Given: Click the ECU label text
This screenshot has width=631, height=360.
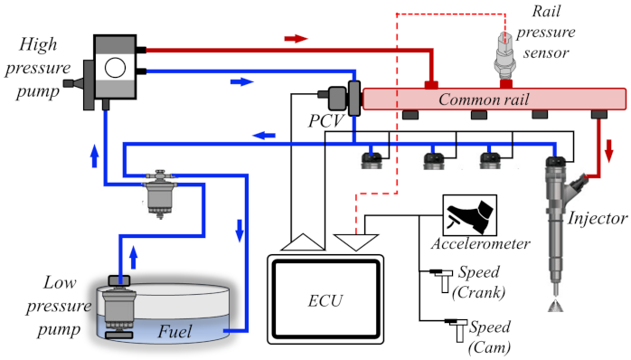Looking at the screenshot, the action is point(325,301).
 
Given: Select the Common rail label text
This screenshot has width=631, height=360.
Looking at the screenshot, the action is point(484,99).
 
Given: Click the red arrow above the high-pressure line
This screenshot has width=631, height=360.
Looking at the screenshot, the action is point(297,39).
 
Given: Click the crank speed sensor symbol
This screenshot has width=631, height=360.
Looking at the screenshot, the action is point(442,279).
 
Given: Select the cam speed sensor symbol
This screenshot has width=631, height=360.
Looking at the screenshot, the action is point(457,329).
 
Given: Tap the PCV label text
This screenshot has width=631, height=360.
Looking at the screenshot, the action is point(326,121).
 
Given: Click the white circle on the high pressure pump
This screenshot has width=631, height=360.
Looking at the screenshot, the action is point(115,68).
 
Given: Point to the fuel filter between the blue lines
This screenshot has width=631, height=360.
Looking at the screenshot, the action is point(160,194).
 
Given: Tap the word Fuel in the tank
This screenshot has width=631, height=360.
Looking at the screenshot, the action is point(174,331).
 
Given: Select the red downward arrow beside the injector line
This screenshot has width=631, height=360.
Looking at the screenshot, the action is point(609,151).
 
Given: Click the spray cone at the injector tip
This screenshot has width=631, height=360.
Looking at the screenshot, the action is point(556,305).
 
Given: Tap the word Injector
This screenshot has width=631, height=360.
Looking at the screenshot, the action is point(598,219).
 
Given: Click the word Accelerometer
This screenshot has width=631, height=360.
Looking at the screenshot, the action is point(481,243).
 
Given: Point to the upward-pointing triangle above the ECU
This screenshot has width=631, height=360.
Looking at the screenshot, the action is point(303,242).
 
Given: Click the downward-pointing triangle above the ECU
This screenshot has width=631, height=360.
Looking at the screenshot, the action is point(356,242).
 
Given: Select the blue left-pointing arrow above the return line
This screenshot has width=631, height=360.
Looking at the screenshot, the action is point(264,135).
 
